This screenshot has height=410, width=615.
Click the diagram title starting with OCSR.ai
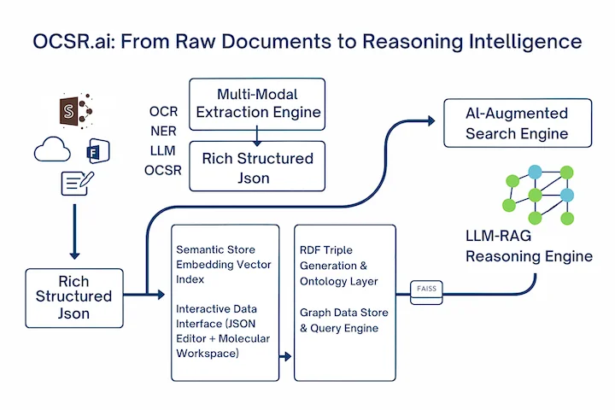tap(307, 40)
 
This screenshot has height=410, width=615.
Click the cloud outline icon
tap(53, 151)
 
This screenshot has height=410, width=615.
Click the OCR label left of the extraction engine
tap(163, 113)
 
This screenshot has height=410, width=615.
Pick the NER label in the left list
tap(163, 132)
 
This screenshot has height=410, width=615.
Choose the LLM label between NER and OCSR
tap(162, 151)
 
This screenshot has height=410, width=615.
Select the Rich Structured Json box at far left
tap(73, 296)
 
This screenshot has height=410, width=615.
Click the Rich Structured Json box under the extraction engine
tap(257, 167)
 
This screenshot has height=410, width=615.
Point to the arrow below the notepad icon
tap(74, 229)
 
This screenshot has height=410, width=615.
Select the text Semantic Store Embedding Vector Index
tap(224, 265)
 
